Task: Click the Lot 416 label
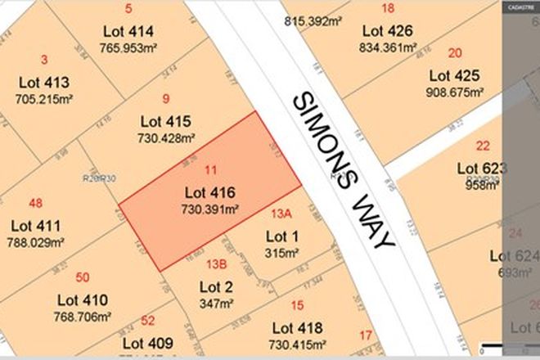pos(209,193)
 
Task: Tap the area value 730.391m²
pos(209,209)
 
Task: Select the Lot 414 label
pos(129,32)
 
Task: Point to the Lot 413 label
pos(43,82)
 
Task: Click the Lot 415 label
pos(166,122)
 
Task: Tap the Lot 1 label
pos(283,236)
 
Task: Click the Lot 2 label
pos(217,286)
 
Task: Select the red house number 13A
pos(281,214)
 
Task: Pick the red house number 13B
pos(216,263)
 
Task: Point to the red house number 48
pos(34,203)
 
